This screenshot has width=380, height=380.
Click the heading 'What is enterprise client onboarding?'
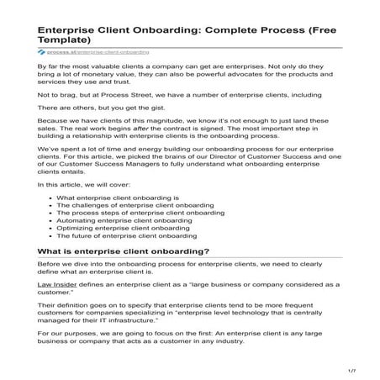click(x=124, y=251)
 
